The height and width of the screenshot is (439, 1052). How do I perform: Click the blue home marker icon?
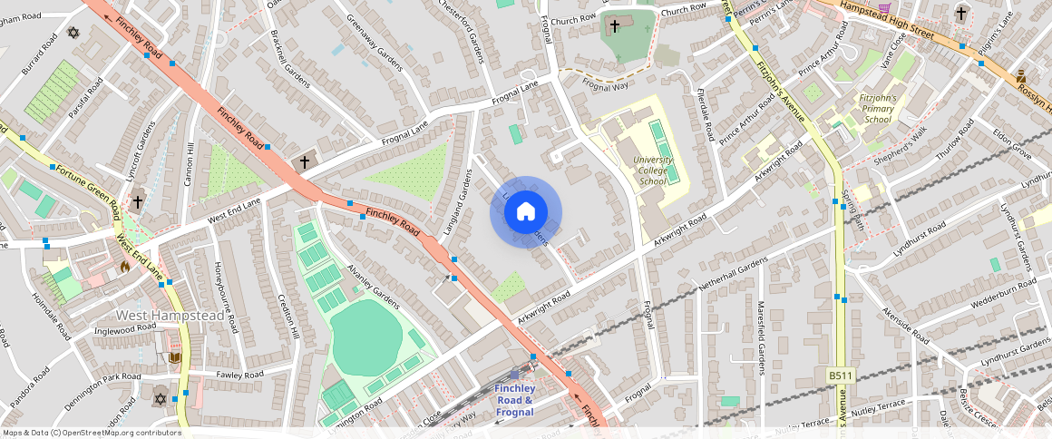[526, 212]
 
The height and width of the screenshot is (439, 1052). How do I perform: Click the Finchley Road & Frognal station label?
[514, 400]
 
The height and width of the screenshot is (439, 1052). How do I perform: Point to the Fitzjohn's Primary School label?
[878, 108]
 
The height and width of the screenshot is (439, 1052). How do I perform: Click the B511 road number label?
[841, 376]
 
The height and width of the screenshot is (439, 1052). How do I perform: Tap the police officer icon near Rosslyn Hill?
[1021, 76]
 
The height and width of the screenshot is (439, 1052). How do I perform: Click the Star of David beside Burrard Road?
[73, 33]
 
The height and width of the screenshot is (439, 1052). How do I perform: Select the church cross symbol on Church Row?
[615, 25]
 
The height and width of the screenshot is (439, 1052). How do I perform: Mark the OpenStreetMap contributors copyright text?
[92, 433]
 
